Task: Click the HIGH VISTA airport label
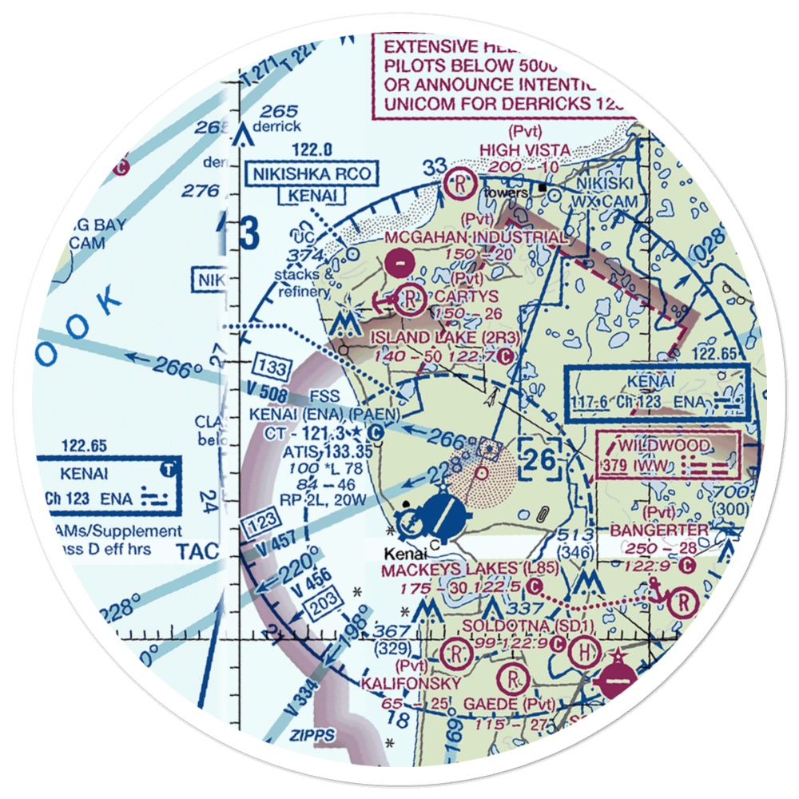tap(525, 149)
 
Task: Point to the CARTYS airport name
tap(467, 297)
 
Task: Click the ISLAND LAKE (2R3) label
tap(443, 337)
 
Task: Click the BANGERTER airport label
tap(658, 530)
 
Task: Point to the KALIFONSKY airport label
tap(411, 684)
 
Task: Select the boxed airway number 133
tap(273, 368)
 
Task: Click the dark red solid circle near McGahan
tap(397, 260)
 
